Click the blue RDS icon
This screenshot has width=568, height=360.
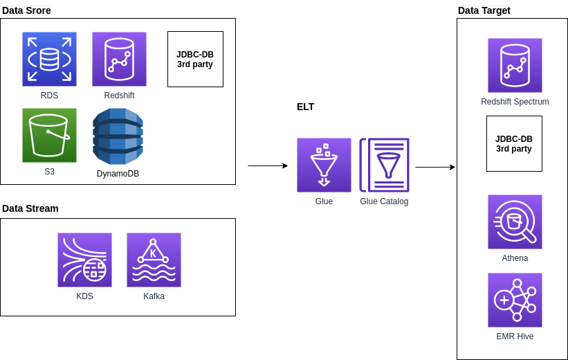pyautogui.click(x=49, y=59)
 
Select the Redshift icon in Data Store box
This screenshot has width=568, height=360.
pyautogui.click(x=119, y=59)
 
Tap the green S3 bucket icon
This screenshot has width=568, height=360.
pyautogui.click(x=49, y=135)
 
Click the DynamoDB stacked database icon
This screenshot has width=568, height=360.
pyautogui.click(x=118, y=136)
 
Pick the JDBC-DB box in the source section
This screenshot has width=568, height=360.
pyautogui.click(x=195, y=59)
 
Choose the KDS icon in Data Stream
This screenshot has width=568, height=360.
pyautogui.click(x=84, y=260)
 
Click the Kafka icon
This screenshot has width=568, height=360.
pyautogui.click(x=154, y=260)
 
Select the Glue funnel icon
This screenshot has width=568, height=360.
pyautogui.click(x=324, y=165)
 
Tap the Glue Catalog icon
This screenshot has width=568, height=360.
pyautogui.click(x=384, y=165)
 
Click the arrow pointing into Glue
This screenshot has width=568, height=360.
pyautogui.click(x=268, y=166)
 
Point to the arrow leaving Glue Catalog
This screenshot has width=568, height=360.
pyautogui.click(x=435, y=167)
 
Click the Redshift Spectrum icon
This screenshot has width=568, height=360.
pyautogui.click(x=515, y=65)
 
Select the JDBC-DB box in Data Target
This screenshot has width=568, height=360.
pyautogui.click(x=514, y=143)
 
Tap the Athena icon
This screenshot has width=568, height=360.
pyautogui.click(x=515, y=222)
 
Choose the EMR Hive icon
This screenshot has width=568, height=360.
pyautogui.click(x=515, y=300)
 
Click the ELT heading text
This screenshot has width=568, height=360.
pyautogui.click(x=305, y=107)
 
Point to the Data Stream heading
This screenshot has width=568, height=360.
pyautogui.click(x=30, y=208)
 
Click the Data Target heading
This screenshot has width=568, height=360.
pyautogui.click(x=484, y=10)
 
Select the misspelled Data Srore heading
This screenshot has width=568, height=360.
pyautogui.click(x=27, y=10)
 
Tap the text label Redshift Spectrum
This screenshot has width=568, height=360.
pyautogui.click(x=515, y=102)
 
